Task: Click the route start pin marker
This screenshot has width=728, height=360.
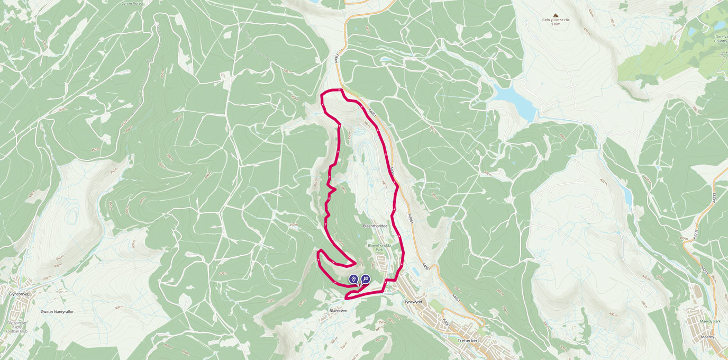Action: [353, 279]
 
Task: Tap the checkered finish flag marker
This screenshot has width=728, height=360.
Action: [366, 279]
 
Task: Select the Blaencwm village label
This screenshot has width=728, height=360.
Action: [339, 311]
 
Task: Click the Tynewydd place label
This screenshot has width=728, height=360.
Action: [413, 302]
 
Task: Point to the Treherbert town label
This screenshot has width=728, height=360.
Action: [468, 340]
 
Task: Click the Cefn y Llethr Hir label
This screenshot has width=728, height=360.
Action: [556, 20]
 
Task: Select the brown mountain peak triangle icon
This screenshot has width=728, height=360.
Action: [556, 15]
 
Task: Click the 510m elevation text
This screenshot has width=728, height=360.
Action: [556, 24]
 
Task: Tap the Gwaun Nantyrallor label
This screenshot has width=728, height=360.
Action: [57, 312]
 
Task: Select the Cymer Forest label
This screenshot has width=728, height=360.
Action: [132, 3]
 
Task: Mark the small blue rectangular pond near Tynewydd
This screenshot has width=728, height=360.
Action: [415, 272]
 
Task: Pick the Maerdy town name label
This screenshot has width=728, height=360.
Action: [707, 337]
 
